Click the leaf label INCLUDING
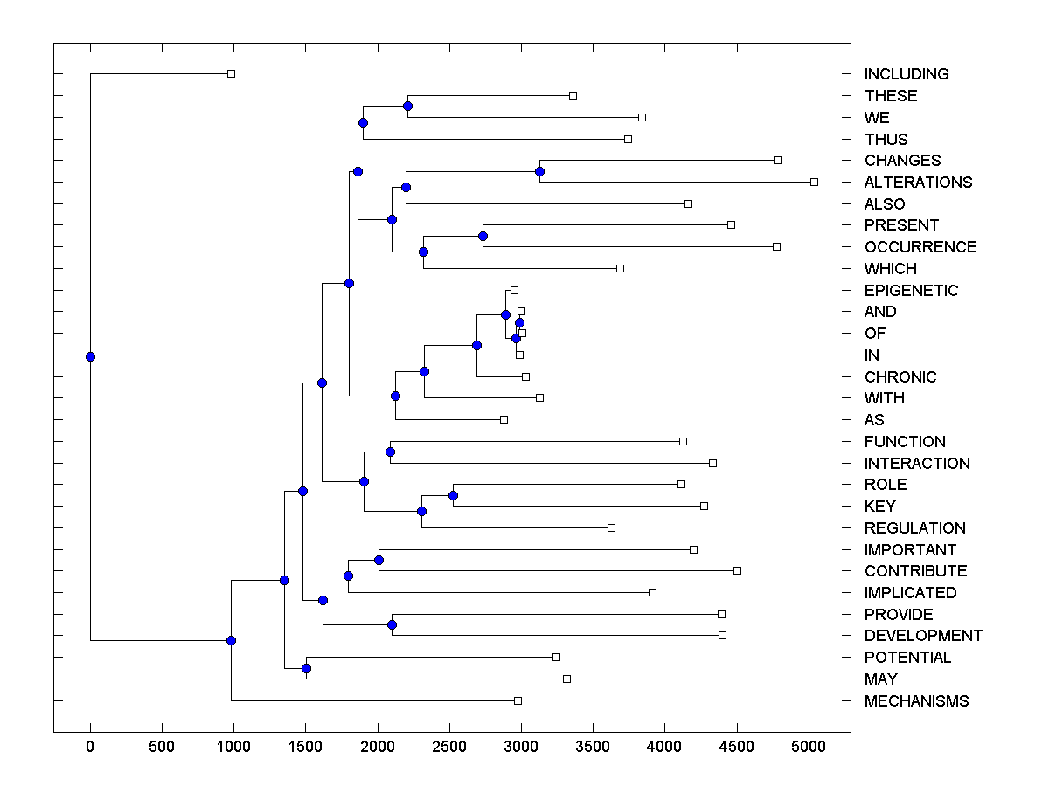(907, 74)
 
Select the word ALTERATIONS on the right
(918, 183)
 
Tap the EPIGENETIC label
(911, 290)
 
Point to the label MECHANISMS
(916, 701)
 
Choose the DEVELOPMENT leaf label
(923, 636)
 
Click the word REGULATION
(914, 528)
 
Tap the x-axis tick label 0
(90, 747)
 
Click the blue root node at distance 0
(90, 356)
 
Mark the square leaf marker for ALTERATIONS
(814, 182)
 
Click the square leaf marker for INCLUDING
(231, 74)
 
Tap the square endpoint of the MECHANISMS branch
(518, 700)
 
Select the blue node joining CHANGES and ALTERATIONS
(540, 171)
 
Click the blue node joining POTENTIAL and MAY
(306, 668)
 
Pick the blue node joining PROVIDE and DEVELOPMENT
(392, 624)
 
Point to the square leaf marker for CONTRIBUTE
(737, 570)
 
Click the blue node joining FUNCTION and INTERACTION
(390, 452)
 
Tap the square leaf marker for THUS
(628, 139)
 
